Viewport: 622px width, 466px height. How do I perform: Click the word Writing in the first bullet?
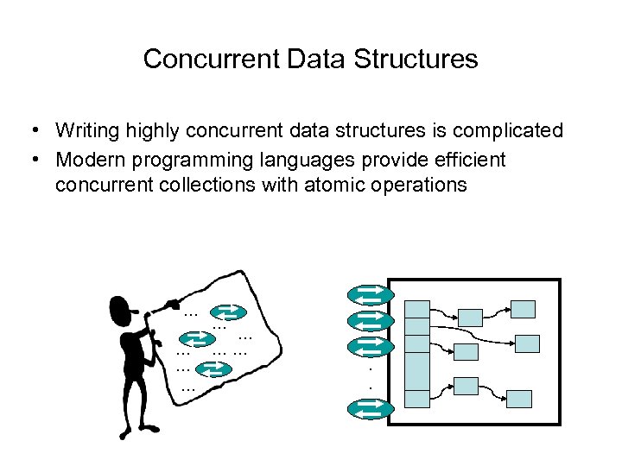tap(86, 131)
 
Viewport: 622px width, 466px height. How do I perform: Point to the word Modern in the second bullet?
tap(91, 161)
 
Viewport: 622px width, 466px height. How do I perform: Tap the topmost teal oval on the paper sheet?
tap(230, 312)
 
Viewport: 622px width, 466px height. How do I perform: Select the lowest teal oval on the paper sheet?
tap(213, 369)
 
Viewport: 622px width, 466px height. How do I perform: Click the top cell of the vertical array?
tap(417, 309)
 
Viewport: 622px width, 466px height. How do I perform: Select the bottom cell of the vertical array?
tap(417, 399)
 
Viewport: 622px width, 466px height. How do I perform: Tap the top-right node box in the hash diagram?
tap(523, 309)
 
